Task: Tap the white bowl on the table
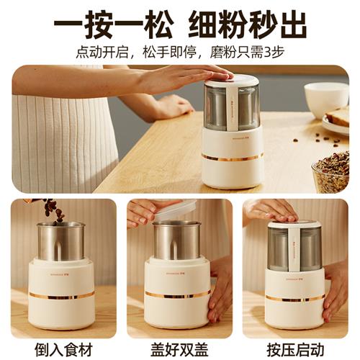[326, 99]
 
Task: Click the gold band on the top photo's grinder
[232, 156]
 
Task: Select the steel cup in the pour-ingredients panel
[61, 241]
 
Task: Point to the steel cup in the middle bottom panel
[178, 241]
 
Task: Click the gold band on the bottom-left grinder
[61, 295]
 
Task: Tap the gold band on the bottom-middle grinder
[177, 294]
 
